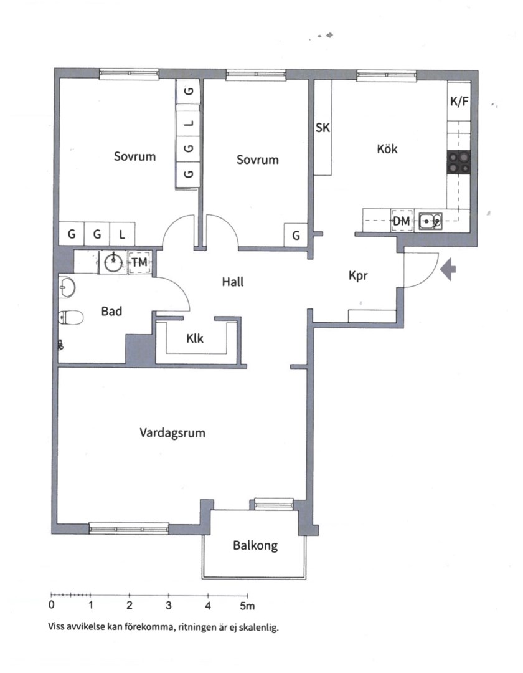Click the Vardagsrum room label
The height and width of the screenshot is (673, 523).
point(172,432)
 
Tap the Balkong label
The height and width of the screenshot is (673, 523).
point(255,546)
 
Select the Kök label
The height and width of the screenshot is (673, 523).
point(387,149)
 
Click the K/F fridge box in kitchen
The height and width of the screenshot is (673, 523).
point(459,102)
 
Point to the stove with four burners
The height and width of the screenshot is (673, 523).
point(459,163)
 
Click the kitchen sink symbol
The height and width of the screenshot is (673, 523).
point(430,220)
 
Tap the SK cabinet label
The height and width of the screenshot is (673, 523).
point(323,128)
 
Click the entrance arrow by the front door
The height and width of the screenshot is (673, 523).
point(449,269)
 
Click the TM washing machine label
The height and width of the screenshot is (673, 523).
point(139,262)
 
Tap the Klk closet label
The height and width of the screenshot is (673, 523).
point(195,339)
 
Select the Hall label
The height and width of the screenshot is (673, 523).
point(233,282)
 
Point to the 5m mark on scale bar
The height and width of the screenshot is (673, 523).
point(247,605)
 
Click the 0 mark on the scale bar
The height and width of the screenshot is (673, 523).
point(51,605)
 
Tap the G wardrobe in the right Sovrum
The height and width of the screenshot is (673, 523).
point(296,236)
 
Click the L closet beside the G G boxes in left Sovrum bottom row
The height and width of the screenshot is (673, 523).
point(122,234)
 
